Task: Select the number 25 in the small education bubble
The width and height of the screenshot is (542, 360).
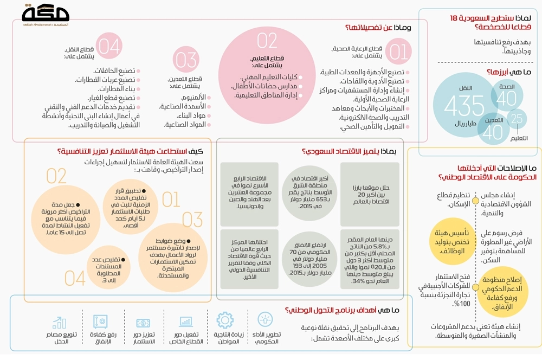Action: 518,119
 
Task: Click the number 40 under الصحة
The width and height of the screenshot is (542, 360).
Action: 507,98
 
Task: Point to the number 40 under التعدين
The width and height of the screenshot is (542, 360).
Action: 494,132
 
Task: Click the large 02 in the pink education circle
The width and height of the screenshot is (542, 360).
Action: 267,41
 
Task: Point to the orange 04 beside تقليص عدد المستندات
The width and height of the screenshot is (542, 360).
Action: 75,278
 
